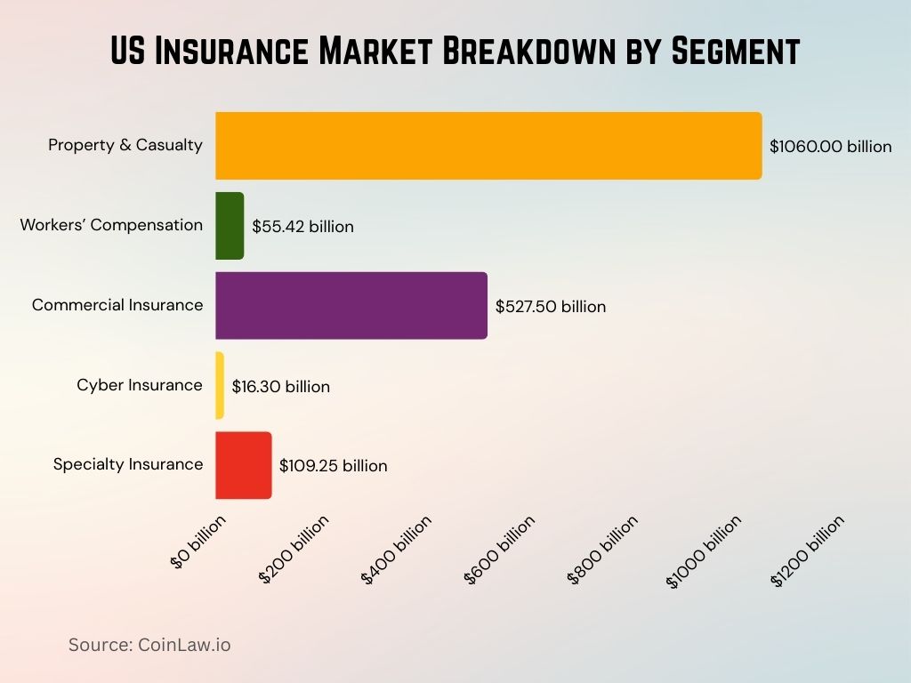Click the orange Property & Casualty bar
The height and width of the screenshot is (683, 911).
click(x=488, y=146)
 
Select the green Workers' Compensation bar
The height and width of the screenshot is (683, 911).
click(x=230, y=226)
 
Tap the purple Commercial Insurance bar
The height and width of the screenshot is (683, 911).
click(x=351, y=306)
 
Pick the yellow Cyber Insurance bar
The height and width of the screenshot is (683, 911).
click(x=220, y=386)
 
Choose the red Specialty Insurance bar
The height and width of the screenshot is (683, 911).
click(x=244, y=465)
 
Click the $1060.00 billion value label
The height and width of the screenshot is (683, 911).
click(x=830, y=147)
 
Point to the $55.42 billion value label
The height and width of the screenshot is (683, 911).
click(x=302, y=227)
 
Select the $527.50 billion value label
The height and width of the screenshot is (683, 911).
click(x=551, y=307)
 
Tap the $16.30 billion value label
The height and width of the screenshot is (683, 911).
click(x=280, y=387)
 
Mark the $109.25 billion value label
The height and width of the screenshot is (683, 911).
click(x=333, y=466)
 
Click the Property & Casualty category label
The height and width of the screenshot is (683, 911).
click(x=125, y=145)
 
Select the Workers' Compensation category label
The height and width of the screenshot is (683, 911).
click(x=111, y=225)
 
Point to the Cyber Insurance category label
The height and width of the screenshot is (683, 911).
click(x=140, y=385)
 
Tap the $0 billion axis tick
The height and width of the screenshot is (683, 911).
click(x=199, y=540)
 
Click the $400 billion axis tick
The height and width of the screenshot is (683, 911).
click(x=397, y=550)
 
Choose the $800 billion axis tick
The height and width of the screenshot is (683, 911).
click(x=602, y=550)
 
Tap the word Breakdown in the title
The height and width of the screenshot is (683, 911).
click(x=512, y=52)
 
